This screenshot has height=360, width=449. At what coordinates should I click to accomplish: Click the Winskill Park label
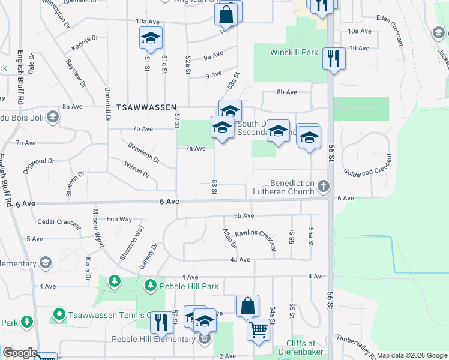(294, 52)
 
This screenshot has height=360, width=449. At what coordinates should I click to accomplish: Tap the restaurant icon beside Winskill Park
(333, 59)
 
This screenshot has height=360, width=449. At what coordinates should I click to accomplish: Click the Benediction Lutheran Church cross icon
(324, 186)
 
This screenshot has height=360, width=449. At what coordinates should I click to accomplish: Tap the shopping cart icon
(258, 329)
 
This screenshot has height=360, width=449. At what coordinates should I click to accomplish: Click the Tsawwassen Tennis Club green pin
(59, 314)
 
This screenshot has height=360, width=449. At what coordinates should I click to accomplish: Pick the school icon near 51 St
(151, 39)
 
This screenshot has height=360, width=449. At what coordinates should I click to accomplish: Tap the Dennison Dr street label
(144, 152)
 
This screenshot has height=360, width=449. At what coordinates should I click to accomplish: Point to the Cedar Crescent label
(59, 221)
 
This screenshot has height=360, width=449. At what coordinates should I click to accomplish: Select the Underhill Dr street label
(107, 104)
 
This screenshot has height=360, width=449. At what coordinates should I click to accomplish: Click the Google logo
(19, 353)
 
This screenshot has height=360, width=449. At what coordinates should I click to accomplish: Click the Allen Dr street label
(229, 238)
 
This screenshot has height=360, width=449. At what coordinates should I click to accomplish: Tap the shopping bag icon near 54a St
(247, 306)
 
